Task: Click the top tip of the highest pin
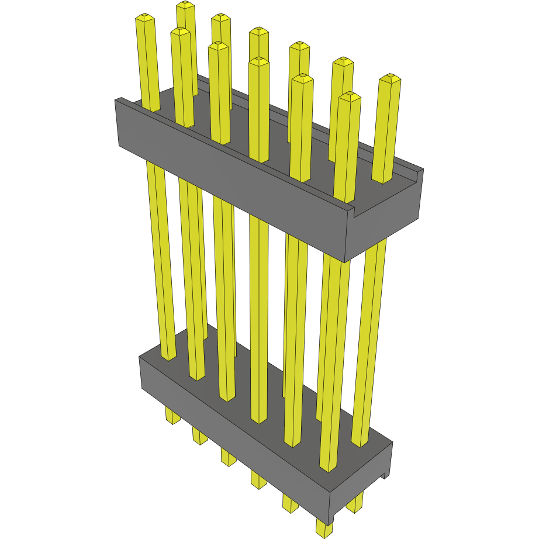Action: point(185,5)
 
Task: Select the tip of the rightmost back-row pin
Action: point(390,78)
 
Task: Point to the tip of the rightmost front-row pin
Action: point(349,96)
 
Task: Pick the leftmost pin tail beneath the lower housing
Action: point(172,416)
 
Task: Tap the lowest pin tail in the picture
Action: point(323,528)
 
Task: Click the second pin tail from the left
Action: point(199,436)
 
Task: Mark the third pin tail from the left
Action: point(228,456)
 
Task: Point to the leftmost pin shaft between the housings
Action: point(160,257)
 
